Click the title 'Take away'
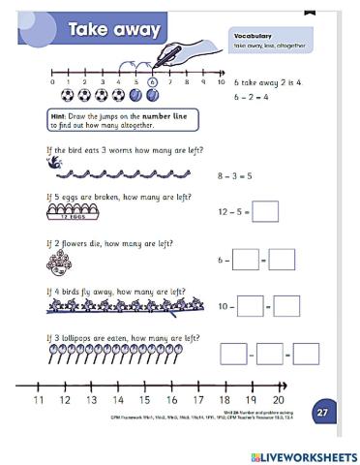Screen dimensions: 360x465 coord(113,30)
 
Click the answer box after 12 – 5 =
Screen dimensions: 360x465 coord(264,211)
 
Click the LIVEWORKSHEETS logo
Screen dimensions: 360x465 coord(303,455)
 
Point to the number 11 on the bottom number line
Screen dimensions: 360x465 coord(39,400)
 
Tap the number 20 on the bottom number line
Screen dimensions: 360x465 coord(278,400)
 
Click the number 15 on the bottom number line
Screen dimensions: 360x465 coord(144,400)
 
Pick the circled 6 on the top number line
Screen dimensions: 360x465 coord(153,83)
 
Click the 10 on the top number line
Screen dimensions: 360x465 coord(204,83)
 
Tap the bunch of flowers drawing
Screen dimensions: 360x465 coord(59,261)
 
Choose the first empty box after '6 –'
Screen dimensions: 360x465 coord(246,260)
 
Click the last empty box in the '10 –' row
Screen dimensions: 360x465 coord(287,306)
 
